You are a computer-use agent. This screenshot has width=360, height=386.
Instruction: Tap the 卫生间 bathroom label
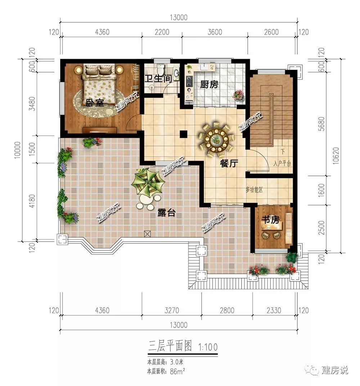158,79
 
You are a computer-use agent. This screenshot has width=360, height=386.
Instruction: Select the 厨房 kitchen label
209,84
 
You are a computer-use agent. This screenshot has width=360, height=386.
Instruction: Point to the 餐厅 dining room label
229,163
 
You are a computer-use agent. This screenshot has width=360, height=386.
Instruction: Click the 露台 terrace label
166,212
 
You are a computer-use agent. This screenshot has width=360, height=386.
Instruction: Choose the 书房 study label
270,219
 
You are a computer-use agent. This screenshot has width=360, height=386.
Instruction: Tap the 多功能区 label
254,190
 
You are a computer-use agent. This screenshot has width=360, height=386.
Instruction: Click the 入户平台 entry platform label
282,163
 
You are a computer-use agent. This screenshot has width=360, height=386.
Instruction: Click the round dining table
216,140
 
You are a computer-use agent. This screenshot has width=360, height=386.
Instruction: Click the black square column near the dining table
184,134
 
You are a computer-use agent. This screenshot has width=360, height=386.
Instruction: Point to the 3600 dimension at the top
215,32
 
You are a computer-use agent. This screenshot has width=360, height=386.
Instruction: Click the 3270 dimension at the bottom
172,310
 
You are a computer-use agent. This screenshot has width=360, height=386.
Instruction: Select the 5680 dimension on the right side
321,124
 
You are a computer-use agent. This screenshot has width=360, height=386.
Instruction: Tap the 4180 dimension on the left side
32,201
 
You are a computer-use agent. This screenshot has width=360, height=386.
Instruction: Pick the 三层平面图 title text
170,346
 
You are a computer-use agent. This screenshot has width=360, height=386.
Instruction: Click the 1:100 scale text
208,347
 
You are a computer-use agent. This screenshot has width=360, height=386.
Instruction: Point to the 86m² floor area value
177,371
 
